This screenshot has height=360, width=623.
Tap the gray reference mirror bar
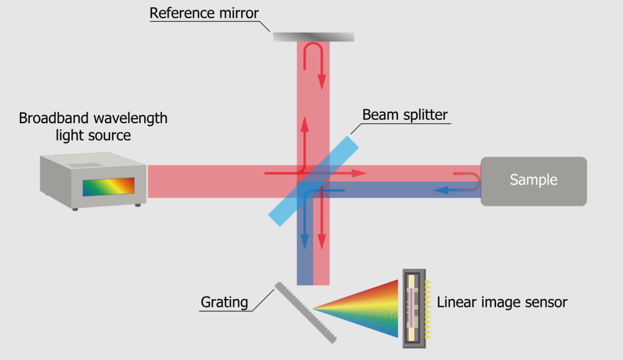[x=313, y=37]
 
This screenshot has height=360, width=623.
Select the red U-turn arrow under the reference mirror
[x=315, y=57]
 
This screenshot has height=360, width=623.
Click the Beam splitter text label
[x=405, y=114]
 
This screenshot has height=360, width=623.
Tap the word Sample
[x=534, y=181]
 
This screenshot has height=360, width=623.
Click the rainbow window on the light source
[x=108, y=186]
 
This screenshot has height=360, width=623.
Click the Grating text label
[x=225, y=302]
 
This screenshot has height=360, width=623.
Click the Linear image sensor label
[x=502, y=302]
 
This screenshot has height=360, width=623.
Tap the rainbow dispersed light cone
[x=365, y=308]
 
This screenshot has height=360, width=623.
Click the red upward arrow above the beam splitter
[x=305, y=137]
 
